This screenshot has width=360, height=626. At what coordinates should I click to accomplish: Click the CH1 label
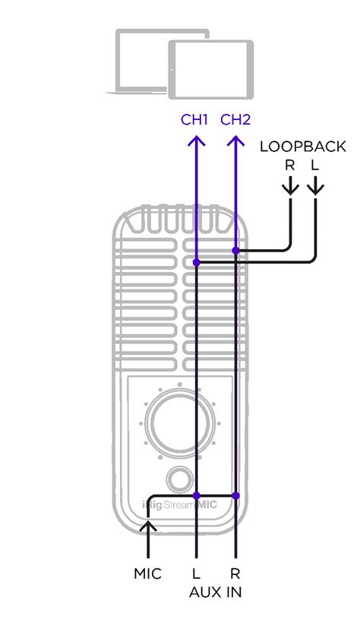[194, 119]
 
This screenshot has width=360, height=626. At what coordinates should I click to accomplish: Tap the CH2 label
[235, 119]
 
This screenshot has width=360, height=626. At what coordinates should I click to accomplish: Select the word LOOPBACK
[302, 147]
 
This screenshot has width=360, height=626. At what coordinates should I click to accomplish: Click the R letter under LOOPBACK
[290, 166]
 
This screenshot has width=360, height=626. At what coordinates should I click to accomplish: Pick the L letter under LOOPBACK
[315, 166]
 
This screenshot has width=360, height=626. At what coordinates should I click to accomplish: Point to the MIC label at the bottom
[147, 574]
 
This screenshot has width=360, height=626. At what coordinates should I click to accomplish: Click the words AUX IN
[216, 592]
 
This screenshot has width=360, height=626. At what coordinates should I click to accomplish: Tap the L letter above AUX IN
[196, 574]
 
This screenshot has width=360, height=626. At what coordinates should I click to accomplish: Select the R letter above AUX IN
[235, 574]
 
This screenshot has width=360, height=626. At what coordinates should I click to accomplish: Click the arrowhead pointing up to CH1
[196, 140]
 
